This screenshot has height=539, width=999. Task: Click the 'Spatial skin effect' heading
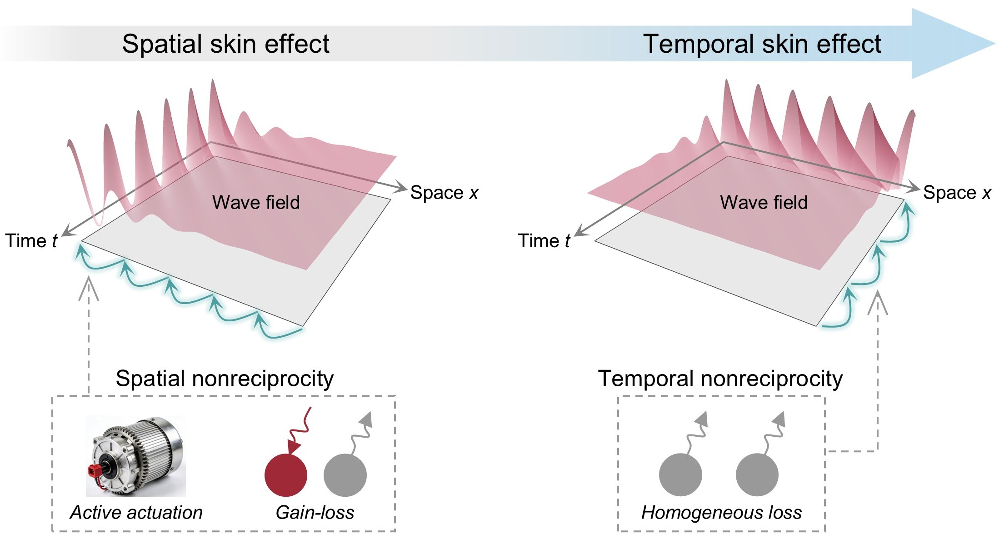click(225, 44)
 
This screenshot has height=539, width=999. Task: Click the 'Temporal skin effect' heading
click(762, 44)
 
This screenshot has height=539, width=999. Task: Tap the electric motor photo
click(135, 456)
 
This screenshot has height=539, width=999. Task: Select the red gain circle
click(286, 475)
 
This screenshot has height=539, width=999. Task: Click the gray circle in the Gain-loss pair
click(345, 475)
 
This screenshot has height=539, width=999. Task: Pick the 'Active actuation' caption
click(136, 512)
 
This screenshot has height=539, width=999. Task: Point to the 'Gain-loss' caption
click(315, 512)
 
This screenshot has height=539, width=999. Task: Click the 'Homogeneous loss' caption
click(721, 512)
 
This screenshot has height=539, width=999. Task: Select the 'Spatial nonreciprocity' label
click(225, 379)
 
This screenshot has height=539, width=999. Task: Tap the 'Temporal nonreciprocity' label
click(720, 379)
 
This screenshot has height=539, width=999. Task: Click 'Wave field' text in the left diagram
click(256, 202)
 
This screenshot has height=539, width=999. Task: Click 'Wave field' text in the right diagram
click(764, 202)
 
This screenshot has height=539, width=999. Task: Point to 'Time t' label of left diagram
click(31, 241)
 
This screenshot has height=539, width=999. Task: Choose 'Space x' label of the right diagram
click(957, 193)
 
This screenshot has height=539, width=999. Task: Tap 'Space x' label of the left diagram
click(444, 193)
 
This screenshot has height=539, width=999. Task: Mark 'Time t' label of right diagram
click(544, 241)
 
